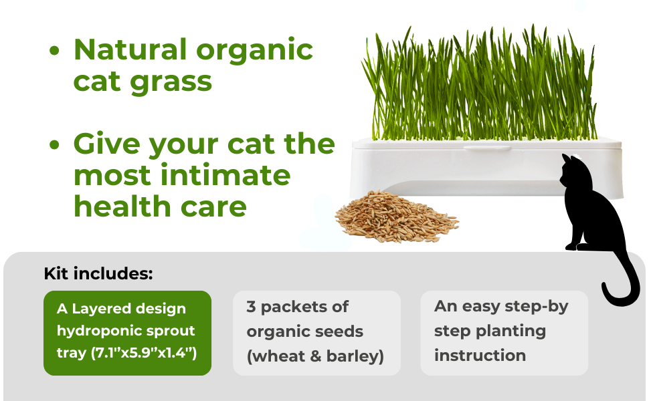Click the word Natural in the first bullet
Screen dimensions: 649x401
130,49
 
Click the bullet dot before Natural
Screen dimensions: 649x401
54,51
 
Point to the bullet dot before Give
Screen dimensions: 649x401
54,144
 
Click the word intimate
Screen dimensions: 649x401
225,175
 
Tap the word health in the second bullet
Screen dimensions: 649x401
122,206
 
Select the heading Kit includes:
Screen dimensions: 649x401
98,273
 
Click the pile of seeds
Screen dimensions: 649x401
397,217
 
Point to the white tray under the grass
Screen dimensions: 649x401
486,168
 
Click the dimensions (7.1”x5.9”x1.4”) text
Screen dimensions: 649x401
144,353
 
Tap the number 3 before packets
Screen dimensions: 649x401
251,307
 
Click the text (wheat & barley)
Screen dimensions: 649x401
315,356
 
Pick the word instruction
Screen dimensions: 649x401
480,356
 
